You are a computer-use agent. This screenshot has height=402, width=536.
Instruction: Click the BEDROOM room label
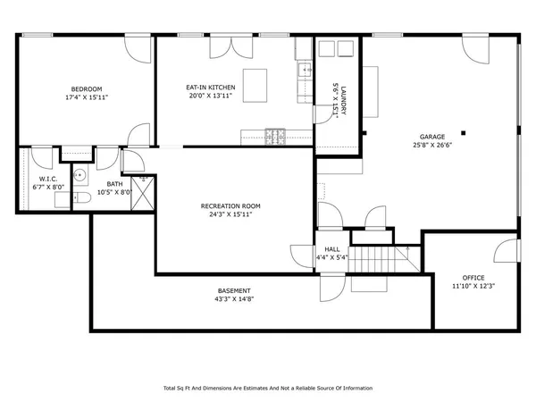88,88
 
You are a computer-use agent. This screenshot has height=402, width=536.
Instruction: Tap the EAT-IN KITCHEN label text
211,88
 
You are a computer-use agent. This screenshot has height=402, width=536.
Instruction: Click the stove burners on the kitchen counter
276,136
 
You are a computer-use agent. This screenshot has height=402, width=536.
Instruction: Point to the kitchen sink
304,67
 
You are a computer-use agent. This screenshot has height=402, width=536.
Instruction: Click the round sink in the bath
79,175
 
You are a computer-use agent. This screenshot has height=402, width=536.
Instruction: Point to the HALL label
332,250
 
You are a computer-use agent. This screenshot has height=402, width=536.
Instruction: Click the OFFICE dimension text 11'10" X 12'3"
473,286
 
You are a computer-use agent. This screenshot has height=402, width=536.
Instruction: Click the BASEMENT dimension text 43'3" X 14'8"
235,299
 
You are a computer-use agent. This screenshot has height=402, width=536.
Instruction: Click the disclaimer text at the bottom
267,388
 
